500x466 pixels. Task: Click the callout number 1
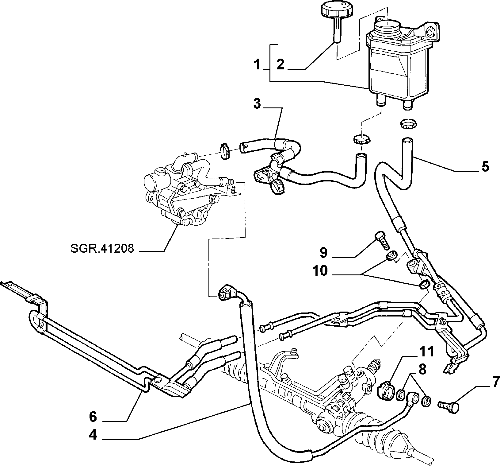(257, 65)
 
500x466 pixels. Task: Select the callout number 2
(281, 65)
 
